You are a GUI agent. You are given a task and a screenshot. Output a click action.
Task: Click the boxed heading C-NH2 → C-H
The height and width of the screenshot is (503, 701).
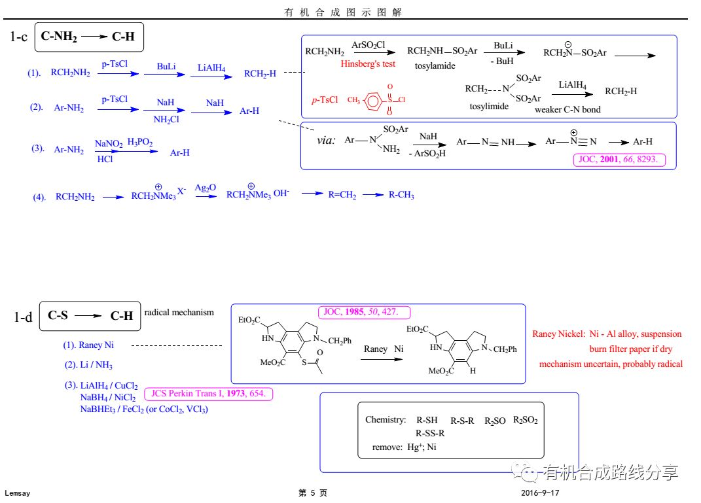pyautogui.click(x=88, y=37)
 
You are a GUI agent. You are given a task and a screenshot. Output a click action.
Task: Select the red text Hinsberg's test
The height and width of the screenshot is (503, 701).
pyautogui.click(x=368, y=63)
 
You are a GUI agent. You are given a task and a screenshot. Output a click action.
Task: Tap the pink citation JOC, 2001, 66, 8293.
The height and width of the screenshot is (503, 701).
pyautogui.click(x=619, y=159)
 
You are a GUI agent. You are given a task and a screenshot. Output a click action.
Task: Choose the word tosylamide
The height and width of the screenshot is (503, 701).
pyautogui.click(x=435, y=66)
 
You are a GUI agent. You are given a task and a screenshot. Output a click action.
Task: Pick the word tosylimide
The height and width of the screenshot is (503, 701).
pyautogui.click(x=488, y=106)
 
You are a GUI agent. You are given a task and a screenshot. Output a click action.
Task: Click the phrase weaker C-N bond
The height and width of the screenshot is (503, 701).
pyautogui.click(x=567, y=109)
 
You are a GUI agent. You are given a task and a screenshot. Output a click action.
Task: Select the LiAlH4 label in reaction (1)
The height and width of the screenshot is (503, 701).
pyautogui.click(x=211, y=67)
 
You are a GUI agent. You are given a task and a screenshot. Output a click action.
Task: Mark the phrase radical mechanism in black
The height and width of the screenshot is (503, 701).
pyautogui.click(x=179, y=312)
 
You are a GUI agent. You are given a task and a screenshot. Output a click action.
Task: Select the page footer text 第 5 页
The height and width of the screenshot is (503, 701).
pyautogui.click(x=312, y=493)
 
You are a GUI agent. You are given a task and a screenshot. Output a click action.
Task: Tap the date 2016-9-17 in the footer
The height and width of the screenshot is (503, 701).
pyautogui.click(x=540, y=493)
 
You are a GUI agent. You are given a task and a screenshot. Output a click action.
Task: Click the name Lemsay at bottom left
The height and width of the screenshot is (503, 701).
pyautogui.click(x=18, y=493)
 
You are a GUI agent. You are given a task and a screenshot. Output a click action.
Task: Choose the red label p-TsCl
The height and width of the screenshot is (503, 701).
pyautogui.click(x=325, y=99)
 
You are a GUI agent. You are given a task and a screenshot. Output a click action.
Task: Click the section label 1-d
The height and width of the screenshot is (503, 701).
pyautogui.click(x=23, y=317)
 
